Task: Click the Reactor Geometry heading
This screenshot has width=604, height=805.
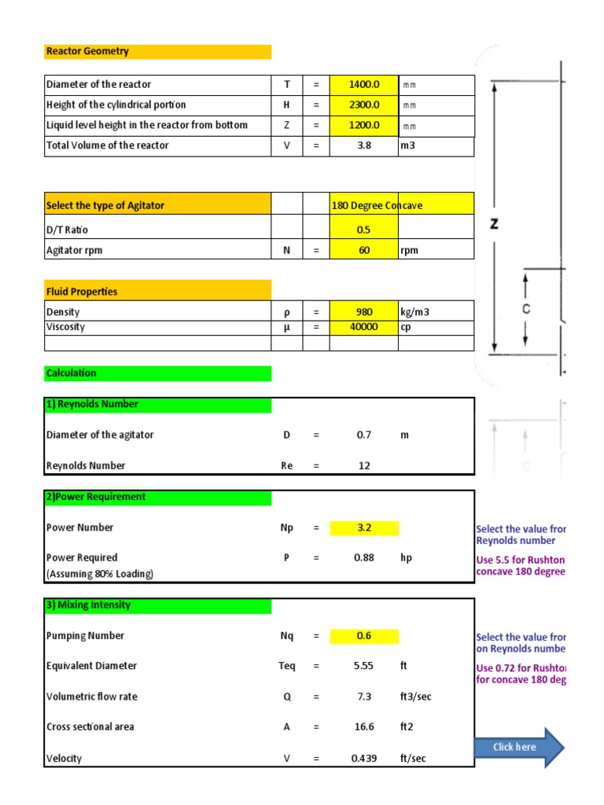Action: point(87,51)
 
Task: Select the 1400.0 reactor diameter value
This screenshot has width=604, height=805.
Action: point(363,84)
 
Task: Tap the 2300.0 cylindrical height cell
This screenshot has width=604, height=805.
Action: point(363,105)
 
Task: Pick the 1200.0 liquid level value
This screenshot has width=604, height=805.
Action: point(363,125)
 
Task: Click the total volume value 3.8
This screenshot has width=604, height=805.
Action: point(363,145)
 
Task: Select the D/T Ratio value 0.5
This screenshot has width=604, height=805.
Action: point(363,230)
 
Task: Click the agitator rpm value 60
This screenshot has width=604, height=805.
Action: point(363,251)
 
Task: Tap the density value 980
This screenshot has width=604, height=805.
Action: point(363,312)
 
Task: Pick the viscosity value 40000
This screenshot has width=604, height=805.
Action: point(363,327)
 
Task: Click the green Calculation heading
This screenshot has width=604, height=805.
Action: point(72,373)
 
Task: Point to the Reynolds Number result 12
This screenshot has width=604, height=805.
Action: point(363,465)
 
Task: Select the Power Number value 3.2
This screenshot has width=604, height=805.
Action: point(363,527)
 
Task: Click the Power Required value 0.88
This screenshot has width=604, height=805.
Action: point(363,557)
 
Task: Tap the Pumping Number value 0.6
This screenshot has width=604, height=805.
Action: point(363,636)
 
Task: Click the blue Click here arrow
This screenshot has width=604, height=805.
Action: point(518,747)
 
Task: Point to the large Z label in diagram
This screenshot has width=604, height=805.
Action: point(494,224)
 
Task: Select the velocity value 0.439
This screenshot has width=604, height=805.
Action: point(363,759)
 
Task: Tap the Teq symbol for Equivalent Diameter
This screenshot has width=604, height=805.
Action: point(287,666)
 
